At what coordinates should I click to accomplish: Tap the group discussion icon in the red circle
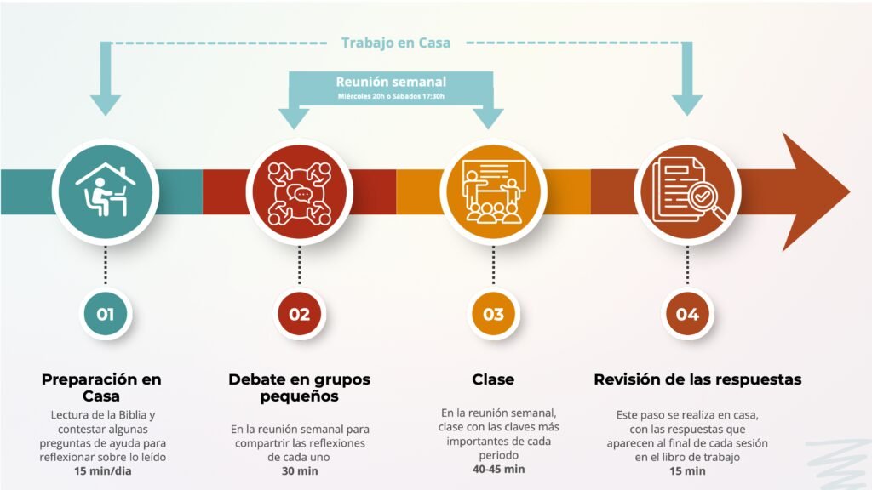point(299,192)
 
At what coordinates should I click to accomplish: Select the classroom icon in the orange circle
point(493,191)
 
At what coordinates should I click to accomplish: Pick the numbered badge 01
point(105,314)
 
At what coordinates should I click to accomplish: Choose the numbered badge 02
point(299,314)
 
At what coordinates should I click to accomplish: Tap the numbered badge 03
point(493,314)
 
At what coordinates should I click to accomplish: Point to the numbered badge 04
point(687,314)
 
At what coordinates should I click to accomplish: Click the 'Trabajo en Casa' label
point(396,43)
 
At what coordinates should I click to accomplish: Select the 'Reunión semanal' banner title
point(391,82)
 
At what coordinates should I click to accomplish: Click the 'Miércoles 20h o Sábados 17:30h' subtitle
point(391,97)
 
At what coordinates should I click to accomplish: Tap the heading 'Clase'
point(493,379)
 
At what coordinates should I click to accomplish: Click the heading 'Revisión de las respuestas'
point(697,379)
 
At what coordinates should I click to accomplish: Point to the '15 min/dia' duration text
point(103,471)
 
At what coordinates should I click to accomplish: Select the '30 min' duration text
point(299,471)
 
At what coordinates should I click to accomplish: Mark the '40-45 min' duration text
point(498,470)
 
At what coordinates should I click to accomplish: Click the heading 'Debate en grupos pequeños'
point(299,388)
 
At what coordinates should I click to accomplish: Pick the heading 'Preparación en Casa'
point(101,388)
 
